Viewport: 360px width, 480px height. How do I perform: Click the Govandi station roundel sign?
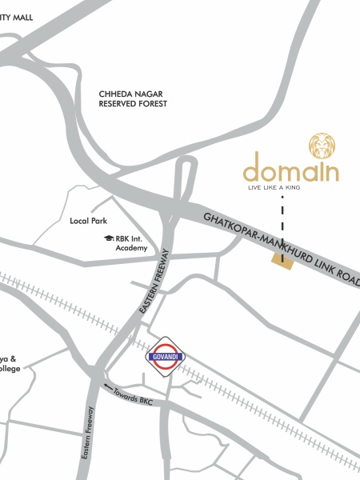pyautogui.click(x=166, y=355)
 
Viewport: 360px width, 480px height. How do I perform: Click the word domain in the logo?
pyautogui.click(x=291, y=171)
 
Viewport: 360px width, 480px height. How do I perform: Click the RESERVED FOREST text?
pyautogui.click(x=133, y=105)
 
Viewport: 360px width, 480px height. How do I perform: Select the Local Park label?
pyautogui.click(x=88, y=220)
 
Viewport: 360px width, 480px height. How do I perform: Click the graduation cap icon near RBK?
pyautogui.click(x=107, y=238)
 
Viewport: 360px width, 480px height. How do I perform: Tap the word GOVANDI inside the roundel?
pyautogui.click(x=166, y=356)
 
